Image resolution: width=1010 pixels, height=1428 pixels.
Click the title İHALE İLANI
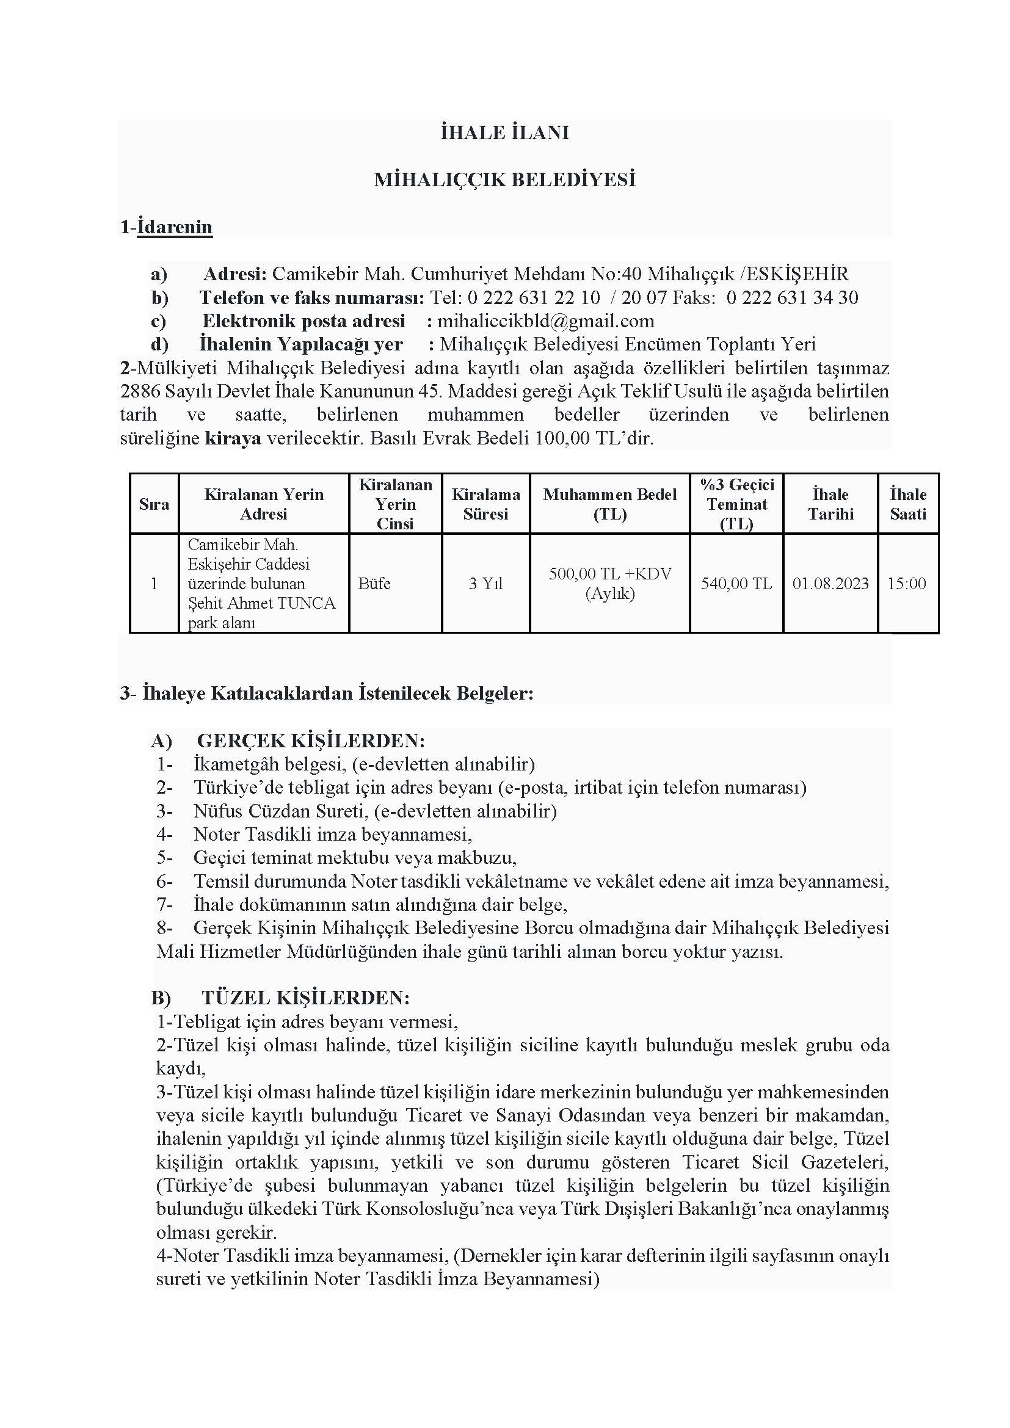point(504,133)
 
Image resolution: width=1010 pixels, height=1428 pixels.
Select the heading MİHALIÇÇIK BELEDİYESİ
point(504,179)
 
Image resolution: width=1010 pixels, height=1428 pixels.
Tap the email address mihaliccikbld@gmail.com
point(545,321)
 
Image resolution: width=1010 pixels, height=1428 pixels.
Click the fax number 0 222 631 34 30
point(792,297)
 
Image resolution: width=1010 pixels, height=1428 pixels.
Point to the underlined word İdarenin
point(175,227)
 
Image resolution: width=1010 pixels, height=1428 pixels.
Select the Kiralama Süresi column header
point(485,504)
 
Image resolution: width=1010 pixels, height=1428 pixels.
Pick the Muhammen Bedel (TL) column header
point(609,504)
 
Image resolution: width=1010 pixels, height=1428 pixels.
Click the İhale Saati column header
point(907,504)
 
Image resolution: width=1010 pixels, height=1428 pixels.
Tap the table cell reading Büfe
point(374,584)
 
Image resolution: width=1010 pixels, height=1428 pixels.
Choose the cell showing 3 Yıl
point(485,584)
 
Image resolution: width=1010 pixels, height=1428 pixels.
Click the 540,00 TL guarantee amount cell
point(736,584)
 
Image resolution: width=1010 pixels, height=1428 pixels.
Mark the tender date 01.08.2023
point(830,584)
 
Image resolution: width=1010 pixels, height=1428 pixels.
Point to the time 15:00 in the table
point(907,584)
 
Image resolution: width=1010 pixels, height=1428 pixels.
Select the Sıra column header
point(154,504)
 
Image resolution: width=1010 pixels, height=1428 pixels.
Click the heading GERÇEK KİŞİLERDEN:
point(311,741)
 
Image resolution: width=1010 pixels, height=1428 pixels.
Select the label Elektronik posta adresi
point(303,321)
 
